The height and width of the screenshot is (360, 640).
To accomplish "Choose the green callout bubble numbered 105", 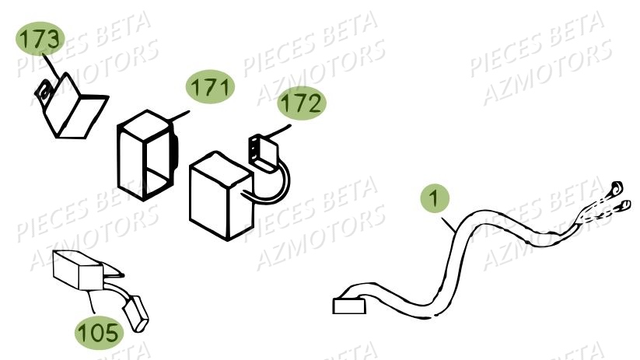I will point(100,333).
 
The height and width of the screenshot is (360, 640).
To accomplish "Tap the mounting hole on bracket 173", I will point(45,93).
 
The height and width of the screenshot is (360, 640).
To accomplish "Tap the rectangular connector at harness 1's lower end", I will point(348,304).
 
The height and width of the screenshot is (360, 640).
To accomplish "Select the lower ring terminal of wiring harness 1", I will point(624,205).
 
